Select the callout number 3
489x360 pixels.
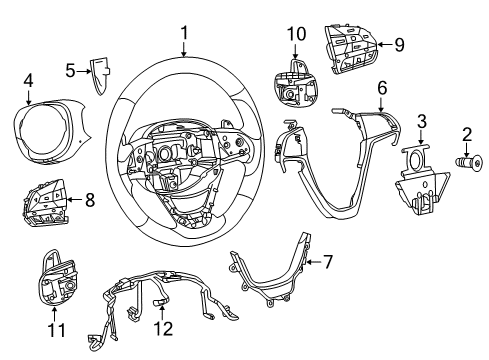coord(422,122)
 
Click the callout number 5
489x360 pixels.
coord(70,70)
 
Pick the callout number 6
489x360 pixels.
coord(382,88)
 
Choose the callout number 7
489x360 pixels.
coord(326,263)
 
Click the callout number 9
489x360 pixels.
coord(398,44)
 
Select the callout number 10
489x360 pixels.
coord(295,35)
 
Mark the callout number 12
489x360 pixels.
coord(167,326)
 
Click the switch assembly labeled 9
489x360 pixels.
coord(352,43)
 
